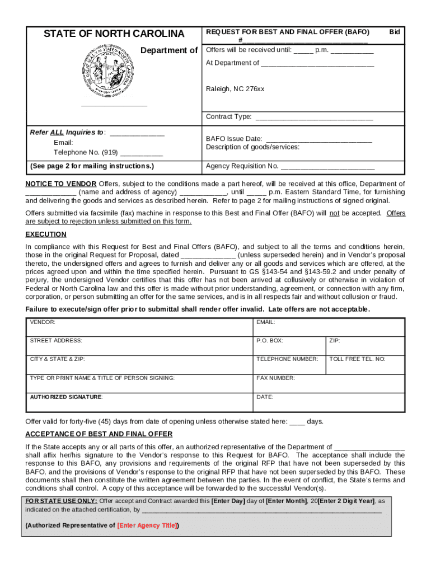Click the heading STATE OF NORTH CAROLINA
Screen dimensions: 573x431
(114, 34)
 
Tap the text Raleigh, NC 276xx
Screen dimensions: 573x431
(235, 89)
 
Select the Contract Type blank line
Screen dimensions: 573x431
(313, 118)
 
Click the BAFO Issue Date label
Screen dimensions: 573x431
(234, 139)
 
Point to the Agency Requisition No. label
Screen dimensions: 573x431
(242, 166)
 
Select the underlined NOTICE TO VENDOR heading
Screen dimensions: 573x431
(61, 184)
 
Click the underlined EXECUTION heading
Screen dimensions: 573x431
(46, 234)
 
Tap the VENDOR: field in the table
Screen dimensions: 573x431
(139, 327)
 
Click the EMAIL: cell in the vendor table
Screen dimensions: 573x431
(328, 327)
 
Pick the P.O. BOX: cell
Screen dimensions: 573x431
(289, 346)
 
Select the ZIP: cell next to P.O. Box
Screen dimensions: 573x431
(364, 346)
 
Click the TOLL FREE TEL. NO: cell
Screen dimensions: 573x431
(364, 364)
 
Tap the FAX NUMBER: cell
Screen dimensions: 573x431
(328, 383)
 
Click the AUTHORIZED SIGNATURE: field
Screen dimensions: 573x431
(139, 402)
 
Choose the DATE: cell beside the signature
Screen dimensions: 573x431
(328, 402)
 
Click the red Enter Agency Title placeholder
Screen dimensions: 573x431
(147, 525)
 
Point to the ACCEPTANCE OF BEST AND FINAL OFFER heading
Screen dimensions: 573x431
(99, 434)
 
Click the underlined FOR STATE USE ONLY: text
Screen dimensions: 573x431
(62, 501)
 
